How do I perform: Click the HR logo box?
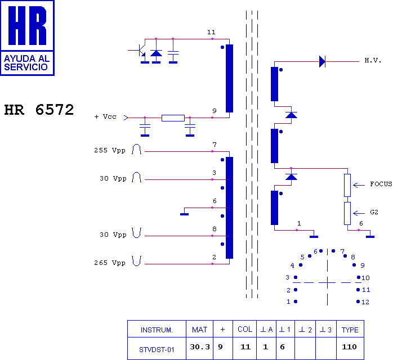tap(28, 38)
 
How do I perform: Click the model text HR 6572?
tap(39, 110)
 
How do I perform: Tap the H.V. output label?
tap(373, 60)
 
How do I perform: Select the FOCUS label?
tap(381, 184)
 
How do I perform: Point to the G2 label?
tap(374, 213)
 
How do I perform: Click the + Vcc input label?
tap(105, 117)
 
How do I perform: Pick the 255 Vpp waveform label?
tap(110, 151)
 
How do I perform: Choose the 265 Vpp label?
tap(110, 263)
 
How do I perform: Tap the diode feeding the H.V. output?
tap(322, 61)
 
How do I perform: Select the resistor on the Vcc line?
tap(172, 118)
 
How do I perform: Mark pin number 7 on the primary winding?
tap(215, 145)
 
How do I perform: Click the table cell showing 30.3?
tap(200, 347)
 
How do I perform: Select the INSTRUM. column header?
tap(157, 330)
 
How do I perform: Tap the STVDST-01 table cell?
tap(157, 348)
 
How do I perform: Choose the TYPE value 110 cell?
tap(349, 347)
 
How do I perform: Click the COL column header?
tap(245, 330)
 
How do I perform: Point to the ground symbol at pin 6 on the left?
tap(184, 214)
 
